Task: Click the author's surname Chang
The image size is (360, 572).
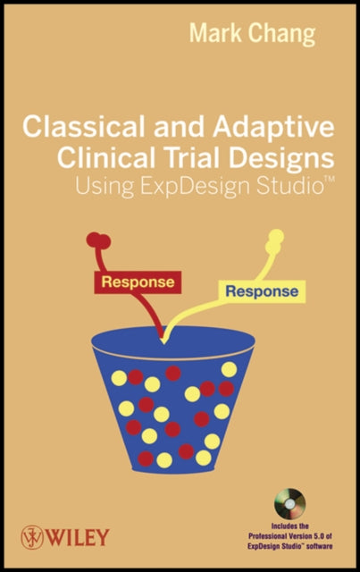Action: [281, 35]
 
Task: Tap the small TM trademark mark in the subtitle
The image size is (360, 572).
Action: [329, 180]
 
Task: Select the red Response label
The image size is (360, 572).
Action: [138, 282]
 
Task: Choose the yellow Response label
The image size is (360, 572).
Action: [262, 291]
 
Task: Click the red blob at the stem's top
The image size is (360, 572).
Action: [98, 240]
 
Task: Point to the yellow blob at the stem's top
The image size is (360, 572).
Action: [274, 240]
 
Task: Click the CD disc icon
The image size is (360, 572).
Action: [290, 504]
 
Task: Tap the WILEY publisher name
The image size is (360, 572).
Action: [78, 537]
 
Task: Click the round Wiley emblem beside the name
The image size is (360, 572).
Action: [32, 537]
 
